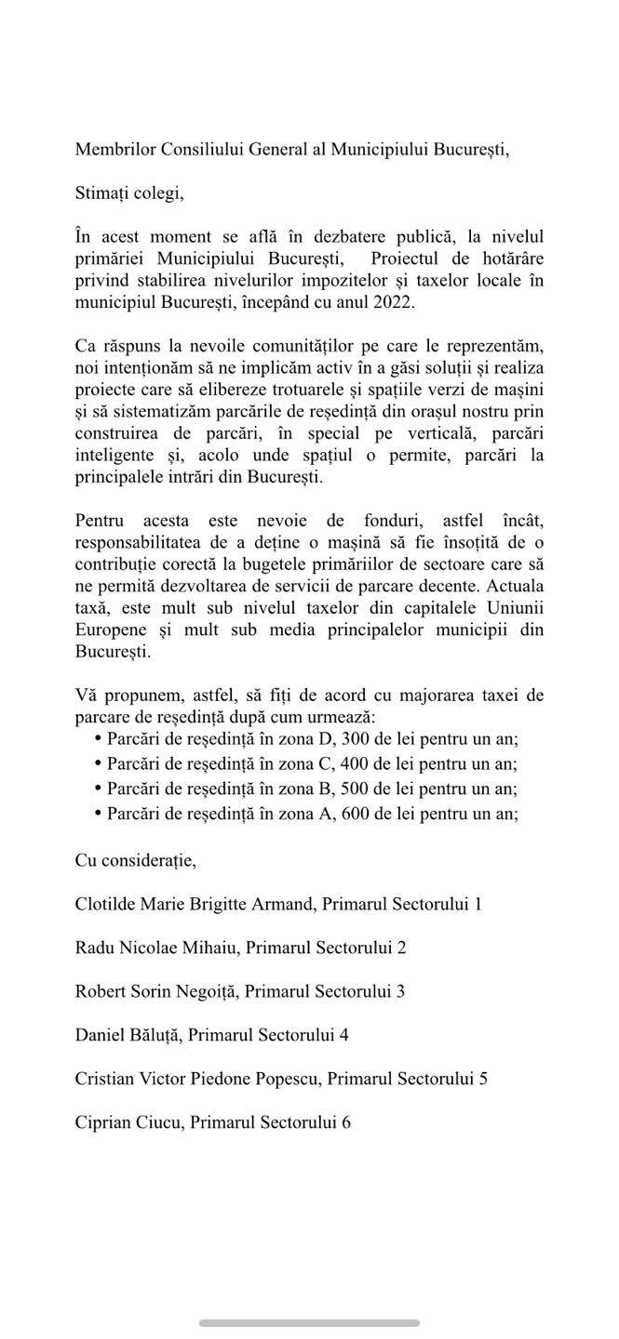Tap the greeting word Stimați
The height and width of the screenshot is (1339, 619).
tap(102, 194)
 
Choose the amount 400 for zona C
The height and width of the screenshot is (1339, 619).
tap(332, 764)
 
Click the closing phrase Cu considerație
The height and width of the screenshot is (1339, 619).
tap(135, 860)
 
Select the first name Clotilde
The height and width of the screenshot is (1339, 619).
tap(106, 904)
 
